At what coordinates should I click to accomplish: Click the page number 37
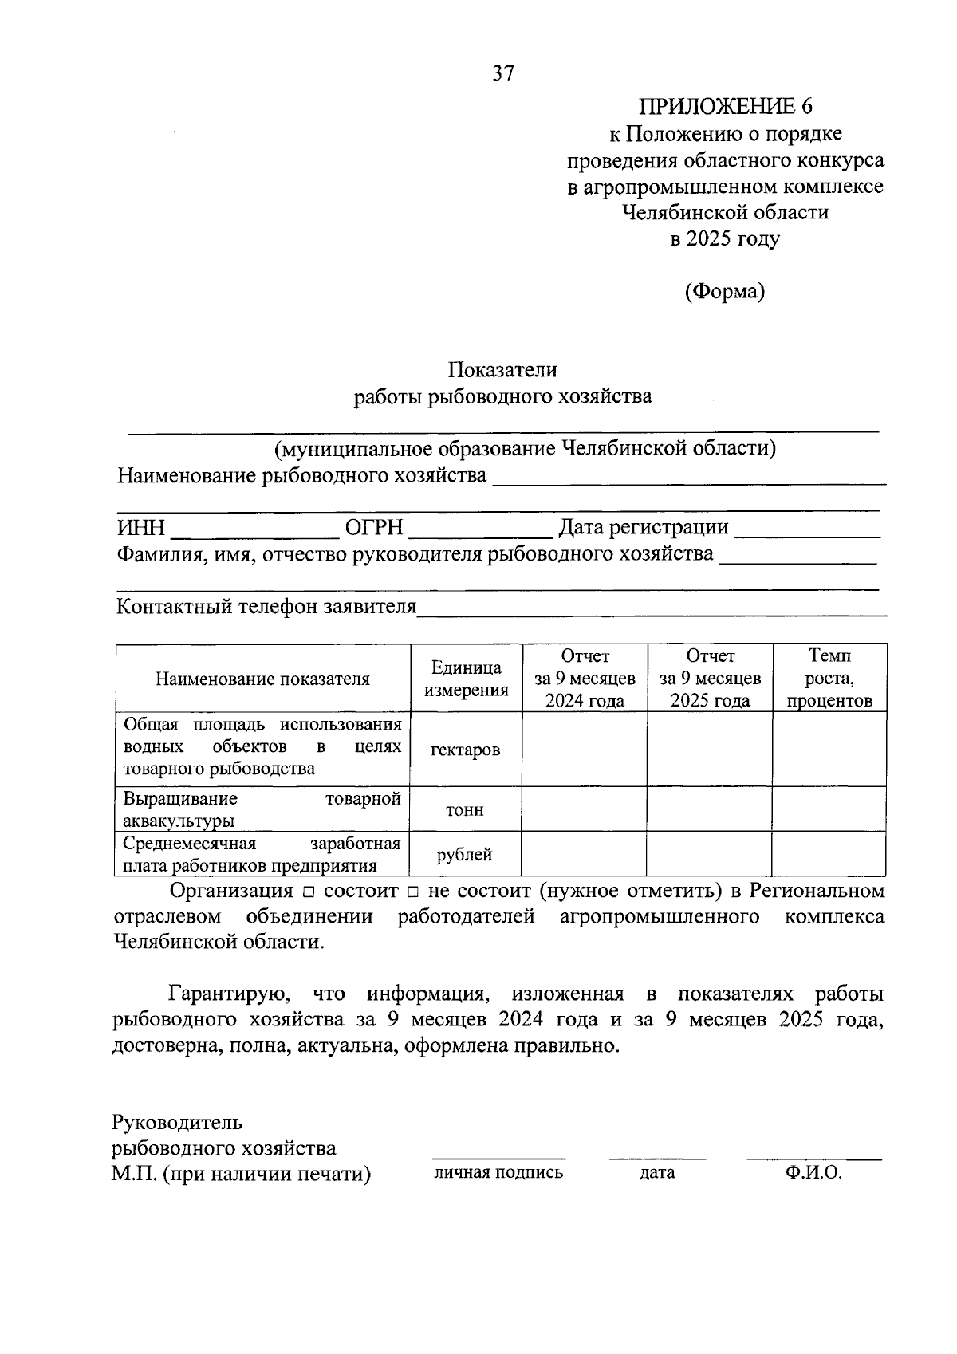(503, 73)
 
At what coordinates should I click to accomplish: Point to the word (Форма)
(724, 292)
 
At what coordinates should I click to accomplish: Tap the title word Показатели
(502, 370)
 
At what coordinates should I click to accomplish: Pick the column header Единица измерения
(467, 679)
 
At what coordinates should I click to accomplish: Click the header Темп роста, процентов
(829, 679)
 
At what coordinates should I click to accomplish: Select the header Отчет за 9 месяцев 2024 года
(585, 679)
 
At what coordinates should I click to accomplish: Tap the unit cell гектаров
(466, 750)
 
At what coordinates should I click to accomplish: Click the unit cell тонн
(465, 810)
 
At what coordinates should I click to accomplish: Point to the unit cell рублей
(465, 855)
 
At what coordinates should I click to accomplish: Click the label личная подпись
(498, 1172)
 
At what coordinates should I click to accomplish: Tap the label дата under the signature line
(657, 1172)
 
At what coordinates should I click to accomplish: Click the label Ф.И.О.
(813, 1172)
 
